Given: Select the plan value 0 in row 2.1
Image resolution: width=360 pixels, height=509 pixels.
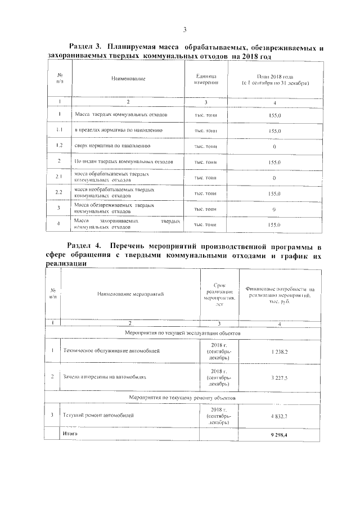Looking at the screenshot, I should [x=274, y=178].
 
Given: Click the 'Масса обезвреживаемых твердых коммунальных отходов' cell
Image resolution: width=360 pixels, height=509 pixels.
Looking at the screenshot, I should [x=112, y=209].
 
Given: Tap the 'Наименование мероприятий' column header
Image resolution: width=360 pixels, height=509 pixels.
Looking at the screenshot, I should [x=130, y=294].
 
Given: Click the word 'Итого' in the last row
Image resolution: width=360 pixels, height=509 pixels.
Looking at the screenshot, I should [x=70, y=434].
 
